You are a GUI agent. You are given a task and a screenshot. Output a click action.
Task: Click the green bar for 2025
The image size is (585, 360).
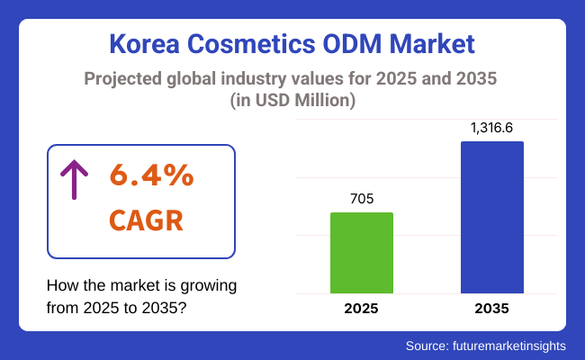[362, 253]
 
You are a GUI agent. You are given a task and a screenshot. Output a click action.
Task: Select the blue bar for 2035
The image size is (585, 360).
[491, 217]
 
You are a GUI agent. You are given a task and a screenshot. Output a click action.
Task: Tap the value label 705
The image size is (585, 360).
[362, 199]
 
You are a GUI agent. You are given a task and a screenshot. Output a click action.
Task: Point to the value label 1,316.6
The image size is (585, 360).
[491, 128]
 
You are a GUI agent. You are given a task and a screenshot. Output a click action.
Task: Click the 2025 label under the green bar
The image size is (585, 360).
[362, 309]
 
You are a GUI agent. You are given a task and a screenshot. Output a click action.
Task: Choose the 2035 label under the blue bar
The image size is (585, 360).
[491, 309]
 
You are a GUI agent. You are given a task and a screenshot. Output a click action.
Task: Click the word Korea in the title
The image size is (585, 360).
[145, 44]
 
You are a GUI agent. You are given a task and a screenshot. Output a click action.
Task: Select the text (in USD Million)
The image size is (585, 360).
[292, 102]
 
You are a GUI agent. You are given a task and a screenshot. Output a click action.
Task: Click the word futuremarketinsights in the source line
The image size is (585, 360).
[513, 345]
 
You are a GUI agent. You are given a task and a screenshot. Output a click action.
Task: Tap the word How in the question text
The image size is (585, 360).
[61, 285]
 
